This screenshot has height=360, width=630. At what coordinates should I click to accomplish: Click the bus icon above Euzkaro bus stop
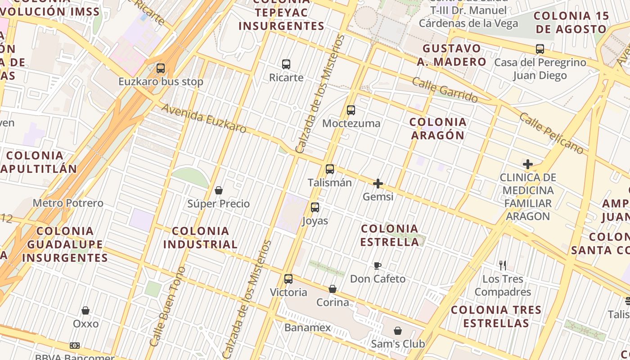point(161,68)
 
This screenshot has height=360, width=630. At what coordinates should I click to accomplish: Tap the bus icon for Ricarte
point(286,64)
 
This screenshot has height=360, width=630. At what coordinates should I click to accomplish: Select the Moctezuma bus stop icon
point(351,110)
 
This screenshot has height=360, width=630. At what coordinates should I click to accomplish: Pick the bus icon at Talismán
point(330,169)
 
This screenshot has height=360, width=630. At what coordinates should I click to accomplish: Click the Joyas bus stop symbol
point(315,207)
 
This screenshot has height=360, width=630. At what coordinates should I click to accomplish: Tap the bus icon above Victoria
point(288,279)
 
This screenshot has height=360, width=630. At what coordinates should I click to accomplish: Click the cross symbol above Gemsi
point(378,184)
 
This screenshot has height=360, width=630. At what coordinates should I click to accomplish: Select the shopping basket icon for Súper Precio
point(219,191)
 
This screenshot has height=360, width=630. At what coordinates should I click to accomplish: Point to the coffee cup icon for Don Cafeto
point(378,265)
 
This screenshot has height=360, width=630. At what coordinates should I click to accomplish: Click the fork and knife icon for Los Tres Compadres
point(503,265)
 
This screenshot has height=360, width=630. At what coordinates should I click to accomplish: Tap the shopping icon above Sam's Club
point(398,331)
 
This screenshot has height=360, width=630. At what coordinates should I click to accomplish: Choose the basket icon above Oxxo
point(85,310)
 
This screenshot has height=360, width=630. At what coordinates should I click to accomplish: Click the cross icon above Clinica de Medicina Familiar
point(527,164)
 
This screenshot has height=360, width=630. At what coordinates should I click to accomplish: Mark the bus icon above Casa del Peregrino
point(540,49)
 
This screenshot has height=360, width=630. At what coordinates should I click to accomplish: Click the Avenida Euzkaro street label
point(204,119)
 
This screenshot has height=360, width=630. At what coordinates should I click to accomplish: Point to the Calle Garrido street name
point(445,90)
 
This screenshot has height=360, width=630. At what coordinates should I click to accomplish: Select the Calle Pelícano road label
point(551,133)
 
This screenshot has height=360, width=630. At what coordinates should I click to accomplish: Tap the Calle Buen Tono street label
point(167,306)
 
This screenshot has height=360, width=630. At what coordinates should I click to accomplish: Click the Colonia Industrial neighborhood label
point(200,238)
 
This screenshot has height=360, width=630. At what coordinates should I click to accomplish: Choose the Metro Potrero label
point(68,203)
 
